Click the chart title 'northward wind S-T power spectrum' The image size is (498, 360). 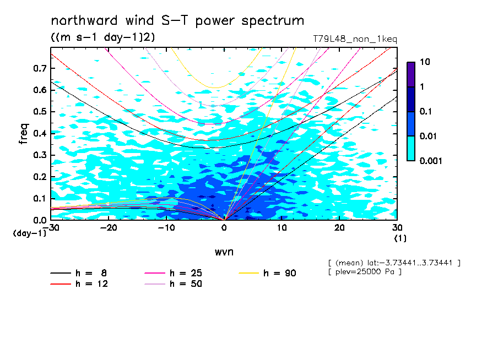pyautogui.click(x=177, y=21)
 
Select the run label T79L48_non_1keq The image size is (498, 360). pyautogui.click(x=355, y=39)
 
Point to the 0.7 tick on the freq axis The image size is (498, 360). pyautogui.click(x=40, y=68)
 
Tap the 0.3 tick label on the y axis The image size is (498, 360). pyautogui.click(x=40, y=155)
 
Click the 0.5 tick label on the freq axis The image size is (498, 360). pyautogui.click(x=40, y=112)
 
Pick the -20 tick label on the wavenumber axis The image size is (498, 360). pyautogui.click(x=109, y=228)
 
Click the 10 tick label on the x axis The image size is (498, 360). pyautogui.click(x=282, y=228)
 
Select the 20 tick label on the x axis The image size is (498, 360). pyautogui.click(x=339, y=228)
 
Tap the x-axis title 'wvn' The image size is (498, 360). pyautogui.click(x=224, y=252)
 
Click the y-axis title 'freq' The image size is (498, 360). pyautogui.click(x=24, y=134)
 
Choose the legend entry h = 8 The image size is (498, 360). pyautogui.click(x=79, y=273)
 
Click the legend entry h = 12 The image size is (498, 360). pyautogui.click(x=79, y=283)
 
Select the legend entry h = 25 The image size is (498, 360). pyautogui.click(x=174, y=273)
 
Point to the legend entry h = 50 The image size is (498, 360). pyautogui.click(x=174, y=283)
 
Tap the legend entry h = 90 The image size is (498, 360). pyautogui.click(x=267, y=273)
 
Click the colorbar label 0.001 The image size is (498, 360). pyautogui.click(x=431, y=161)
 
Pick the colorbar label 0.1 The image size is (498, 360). pyautogui.click(x=426, y=111)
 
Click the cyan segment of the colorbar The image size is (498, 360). pyautogui.click(x=411, y=149)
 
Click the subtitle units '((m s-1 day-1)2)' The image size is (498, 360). pyautogui.click(x=103, y=37)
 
